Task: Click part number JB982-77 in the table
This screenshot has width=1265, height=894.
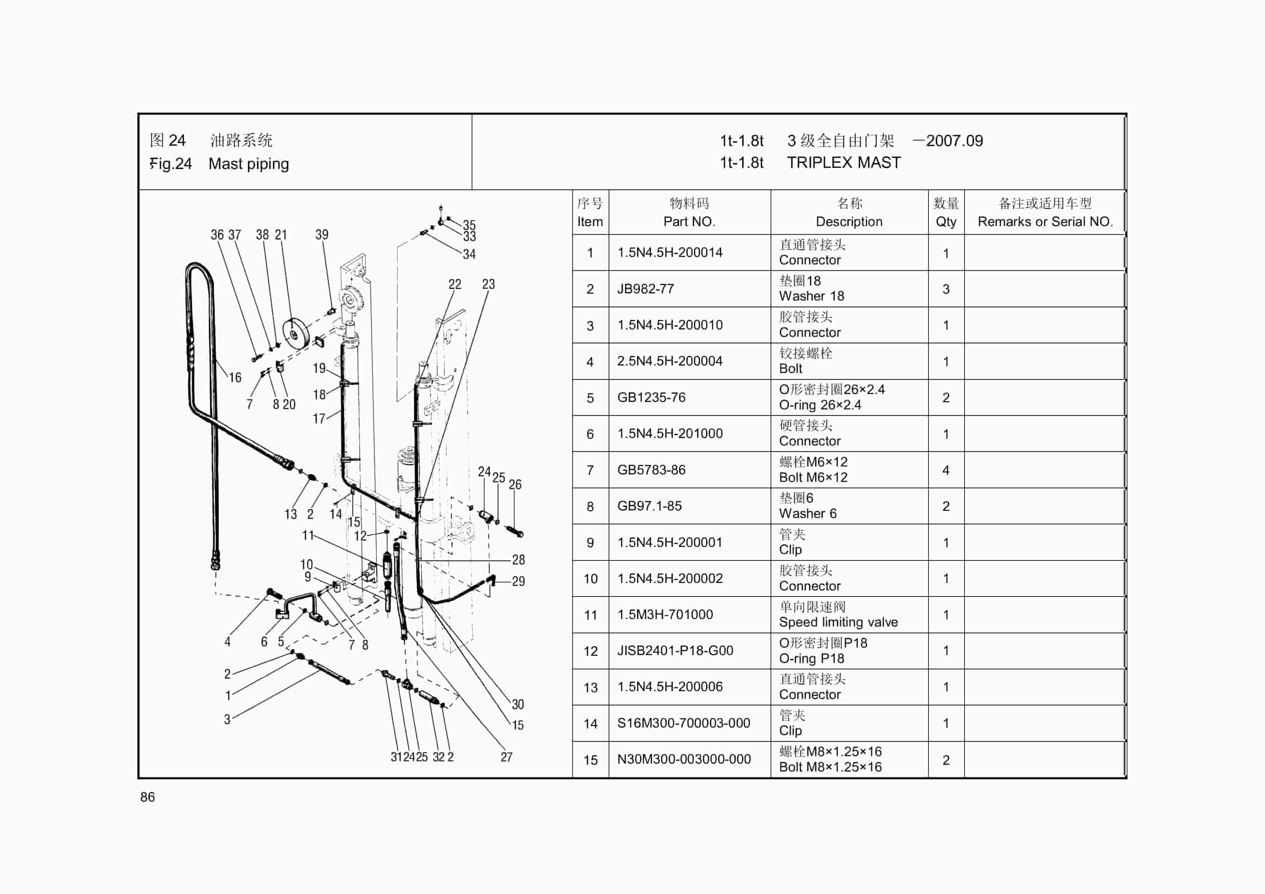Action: coord(645,289)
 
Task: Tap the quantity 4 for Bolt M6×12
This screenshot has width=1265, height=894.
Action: coord(945,470)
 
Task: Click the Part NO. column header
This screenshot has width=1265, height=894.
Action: coord(689,222)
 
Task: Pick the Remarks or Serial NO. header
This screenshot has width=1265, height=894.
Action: coord(1045,222)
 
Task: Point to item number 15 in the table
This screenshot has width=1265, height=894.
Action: coord(590,760)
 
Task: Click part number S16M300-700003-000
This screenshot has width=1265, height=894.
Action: coord(683,723)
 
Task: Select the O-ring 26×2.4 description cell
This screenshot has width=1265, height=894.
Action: coord(820,405)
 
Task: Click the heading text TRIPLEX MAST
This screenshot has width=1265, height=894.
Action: coord(844,163)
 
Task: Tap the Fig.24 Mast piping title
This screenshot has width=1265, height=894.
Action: coord(219,164)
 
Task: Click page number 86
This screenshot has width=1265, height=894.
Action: coord(148,797)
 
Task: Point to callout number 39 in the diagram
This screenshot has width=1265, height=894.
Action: coord(322,235)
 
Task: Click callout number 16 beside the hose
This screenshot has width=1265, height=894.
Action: coord(235,378)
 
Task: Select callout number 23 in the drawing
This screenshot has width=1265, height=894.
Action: coord(488,284)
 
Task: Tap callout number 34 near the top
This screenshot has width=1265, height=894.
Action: coord(469,254)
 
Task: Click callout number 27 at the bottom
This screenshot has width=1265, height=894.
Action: coord(506,757)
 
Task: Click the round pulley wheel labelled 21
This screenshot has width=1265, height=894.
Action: coord(295,334)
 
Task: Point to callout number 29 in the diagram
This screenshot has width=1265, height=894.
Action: coord(518,581)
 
